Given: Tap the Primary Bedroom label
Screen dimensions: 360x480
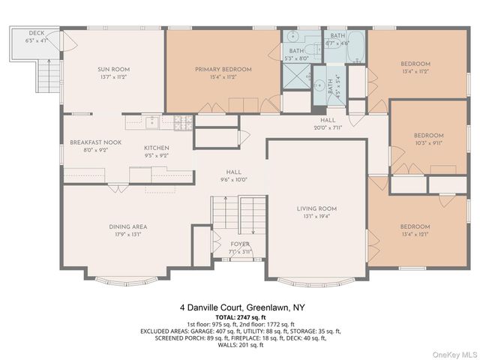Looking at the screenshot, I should tap(223, 69).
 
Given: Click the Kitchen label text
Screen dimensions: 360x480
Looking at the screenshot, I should tap(157, 148).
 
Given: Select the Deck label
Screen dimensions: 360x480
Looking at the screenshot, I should tap(37, 34).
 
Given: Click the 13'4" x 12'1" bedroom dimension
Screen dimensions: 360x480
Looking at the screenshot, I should tap(414, 234).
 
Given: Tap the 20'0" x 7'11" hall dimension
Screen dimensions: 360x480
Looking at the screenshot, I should tap(328, 127).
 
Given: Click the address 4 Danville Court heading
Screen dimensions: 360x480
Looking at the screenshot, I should tap(240, 307).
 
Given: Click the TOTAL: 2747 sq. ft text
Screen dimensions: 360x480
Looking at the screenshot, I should tap(240, 318).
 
